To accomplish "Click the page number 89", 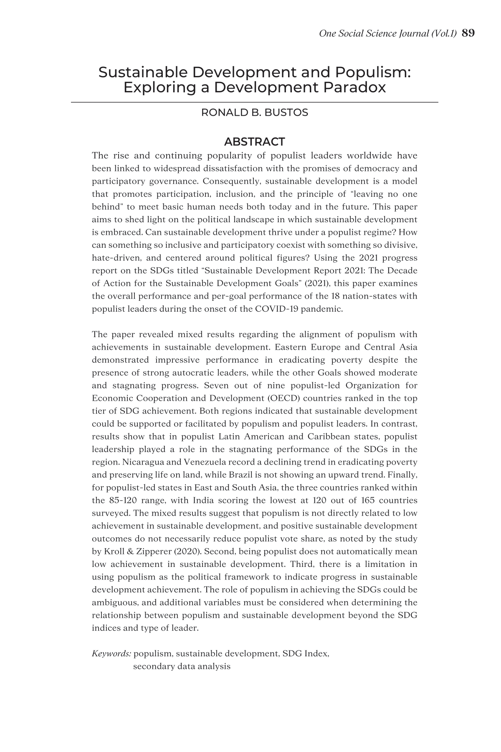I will pyautogui.click(x=468, y=33).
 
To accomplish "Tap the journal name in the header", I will pyautogui.click(x=387, y=33).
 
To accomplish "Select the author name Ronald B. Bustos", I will pyautogui.click(x=255, y=113).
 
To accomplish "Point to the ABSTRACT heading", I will pyautogui.click(x=255, y=142).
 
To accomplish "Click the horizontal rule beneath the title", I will pyautogui.click(x=255, y=102).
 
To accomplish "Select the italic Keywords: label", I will pyautogui.click(x=111, y=653).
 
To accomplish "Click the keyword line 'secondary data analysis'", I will pyautogui.click(x=182, y=666).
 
